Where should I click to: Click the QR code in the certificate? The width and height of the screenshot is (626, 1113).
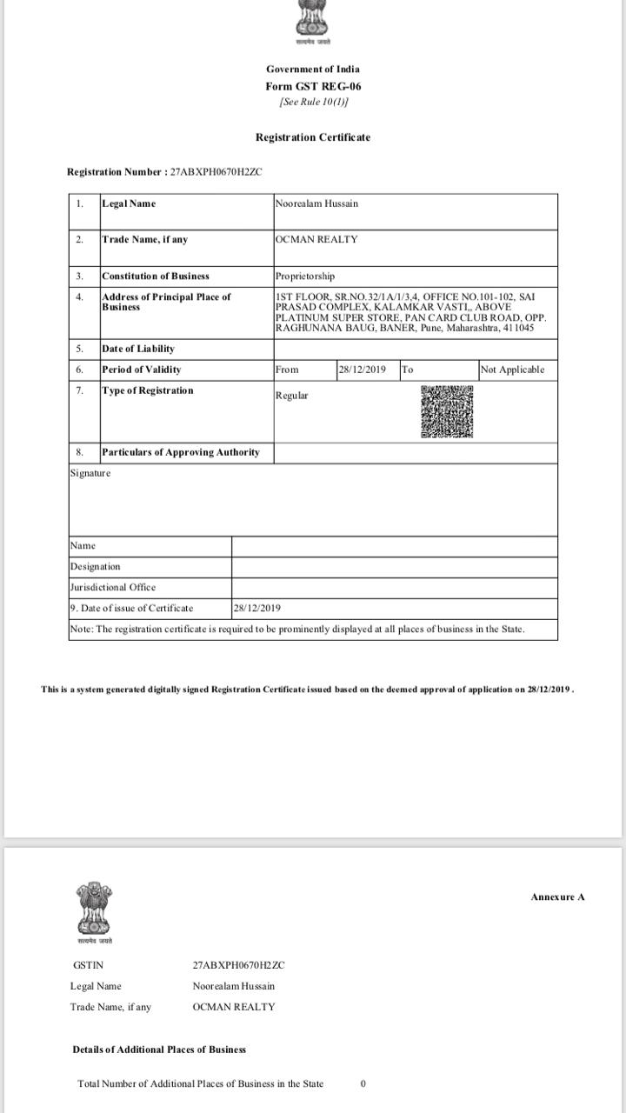point(447,412)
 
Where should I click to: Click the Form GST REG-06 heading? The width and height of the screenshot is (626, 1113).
point(313,86)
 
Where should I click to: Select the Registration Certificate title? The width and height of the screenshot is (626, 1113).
point(312,137)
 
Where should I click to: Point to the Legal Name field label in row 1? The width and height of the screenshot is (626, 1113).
point(129,203)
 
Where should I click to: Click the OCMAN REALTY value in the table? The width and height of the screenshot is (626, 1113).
point(316,239)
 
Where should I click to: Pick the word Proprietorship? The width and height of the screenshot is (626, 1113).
point(304,277)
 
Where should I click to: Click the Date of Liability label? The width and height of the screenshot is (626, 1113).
point(137,349)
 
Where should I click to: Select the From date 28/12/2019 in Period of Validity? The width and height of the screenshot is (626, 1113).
point(362,370)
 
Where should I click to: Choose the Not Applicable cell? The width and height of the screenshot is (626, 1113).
point(512,370)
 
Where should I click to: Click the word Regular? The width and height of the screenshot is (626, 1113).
point(291,396)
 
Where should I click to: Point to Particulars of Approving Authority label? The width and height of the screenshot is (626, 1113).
point(180,452)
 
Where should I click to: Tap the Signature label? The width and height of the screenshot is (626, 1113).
point(90,473)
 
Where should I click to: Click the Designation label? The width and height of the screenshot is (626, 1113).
point(95,567)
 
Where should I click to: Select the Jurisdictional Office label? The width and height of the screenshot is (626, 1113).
point(113,588)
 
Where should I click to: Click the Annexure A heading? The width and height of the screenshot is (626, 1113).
point(557,896)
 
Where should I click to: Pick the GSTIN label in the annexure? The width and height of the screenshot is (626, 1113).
point(89,965)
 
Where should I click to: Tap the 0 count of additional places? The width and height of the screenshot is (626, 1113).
point(363,1083)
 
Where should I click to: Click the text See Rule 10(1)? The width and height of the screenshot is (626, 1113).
point(313,102)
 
